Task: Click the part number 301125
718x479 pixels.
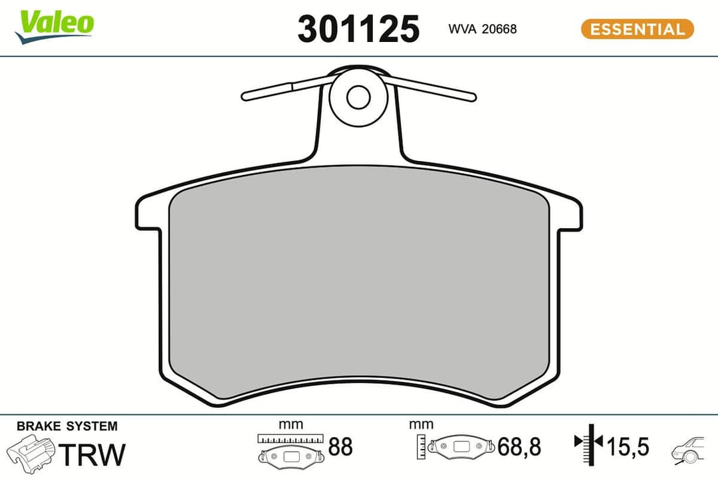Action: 358,29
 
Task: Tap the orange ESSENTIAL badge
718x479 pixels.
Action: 637,29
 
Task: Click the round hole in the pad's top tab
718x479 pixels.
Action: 358,96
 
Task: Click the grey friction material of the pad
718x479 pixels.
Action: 359,286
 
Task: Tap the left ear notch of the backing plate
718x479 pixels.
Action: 148,214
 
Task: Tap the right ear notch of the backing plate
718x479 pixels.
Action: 570,214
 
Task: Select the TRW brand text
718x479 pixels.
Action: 92,454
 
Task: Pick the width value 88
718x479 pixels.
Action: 340,447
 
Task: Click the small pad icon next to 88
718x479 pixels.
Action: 291,456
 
